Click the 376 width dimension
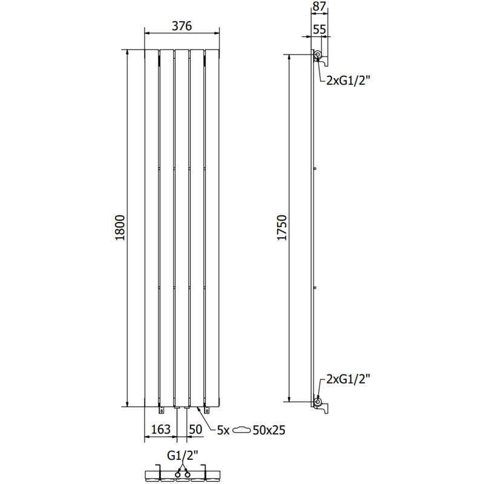[x=181, y=25]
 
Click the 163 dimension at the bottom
[x=160, y=430]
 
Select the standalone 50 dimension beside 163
[x=195, y=430]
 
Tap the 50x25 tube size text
[x=269, y=430]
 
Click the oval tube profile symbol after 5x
[x=242, y=430]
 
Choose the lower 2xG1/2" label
[x=347, y=379]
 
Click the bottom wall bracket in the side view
[x=323, y=406]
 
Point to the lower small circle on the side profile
[x=316, y=287]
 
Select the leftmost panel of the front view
[x=151, y=229]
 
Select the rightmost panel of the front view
[x=212, y=229]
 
